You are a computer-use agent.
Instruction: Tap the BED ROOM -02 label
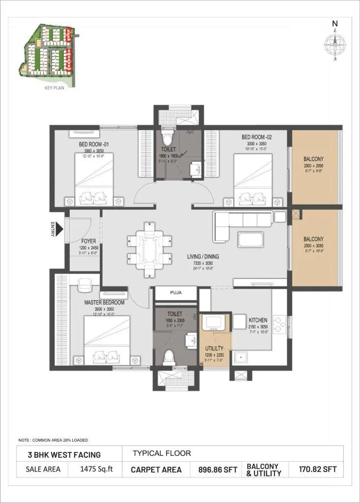tap(257, 137)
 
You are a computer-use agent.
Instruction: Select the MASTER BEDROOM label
tap(104, 303)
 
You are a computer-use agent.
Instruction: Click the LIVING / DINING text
tap(203, 256)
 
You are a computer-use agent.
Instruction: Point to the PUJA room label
tap(176, 292)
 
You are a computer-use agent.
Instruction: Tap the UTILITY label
tap(215, 348)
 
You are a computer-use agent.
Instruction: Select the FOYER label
tap(89, 241)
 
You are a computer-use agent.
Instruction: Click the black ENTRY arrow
tap(60, 229)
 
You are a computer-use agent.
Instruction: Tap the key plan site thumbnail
tap(46, 52)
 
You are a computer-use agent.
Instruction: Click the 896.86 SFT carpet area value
tap(217, 470)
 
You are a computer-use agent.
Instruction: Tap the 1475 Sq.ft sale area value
tap(96, 469)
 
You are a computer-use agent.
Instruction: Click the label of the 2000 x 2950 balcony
tap(313, 159)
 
